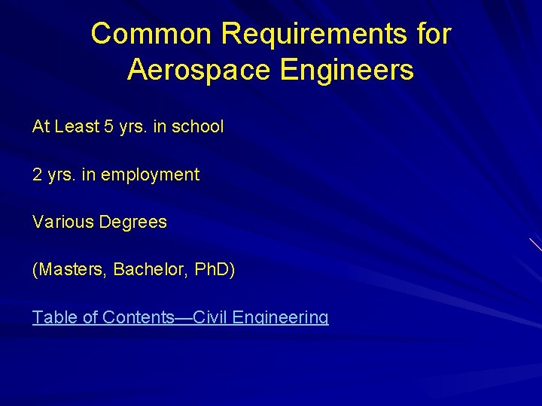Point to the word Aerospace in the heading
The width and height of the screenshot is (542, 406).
pyautogui.click(x=199, y=70)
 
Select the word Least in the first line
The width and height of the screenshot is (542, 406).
pyautogui.click(x=78, y=126)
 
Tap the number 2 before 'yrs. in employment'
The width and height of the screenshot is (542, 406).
pyautogui.click(x=37, y=174)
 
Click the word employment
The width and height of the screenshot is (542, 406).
pyautogui.click(x=150, y=175)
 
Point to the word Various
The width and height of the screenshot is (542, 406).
pyautogui.click(x=62, y=222)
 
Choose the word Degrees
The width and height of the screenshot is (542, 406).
pyautogui.click(x=132, y=223)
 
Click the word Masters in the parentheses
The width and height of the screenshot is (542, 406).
pyautogui.click(x=72, y=269)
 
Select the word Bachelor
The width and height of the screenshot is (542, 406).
pyautogui.click(x=148, y=269)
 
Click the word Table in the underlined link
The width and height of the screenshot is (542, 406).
pyautogui.click(x=54, y=317)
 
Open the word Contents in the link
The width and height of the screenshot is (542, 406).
pyautogui.click(x=138, y=317)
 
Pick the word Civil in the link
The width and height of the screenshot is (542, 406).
pyautogui.click(x=211, y=317)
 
